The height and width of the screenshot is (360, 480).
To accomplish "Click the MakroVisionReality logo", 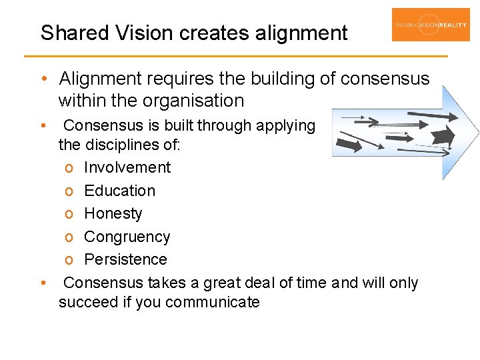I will pos(431,25).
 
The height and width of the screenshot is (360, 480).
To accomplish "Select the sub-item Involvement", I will pos(127,167).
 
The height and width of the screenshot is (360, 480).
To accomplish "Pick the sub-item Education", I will pos(119,191).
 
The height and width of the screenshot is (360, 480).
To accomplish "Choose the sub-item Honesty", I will pos(113,213).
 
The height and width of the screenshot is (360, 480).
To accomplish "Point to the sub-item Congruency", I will pos(127,237).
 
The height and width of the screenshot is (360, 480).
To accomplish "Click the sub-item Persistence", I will pos(125,259).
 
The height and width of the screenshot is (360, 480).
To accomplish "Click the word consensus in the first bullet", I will pos(385,79).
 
